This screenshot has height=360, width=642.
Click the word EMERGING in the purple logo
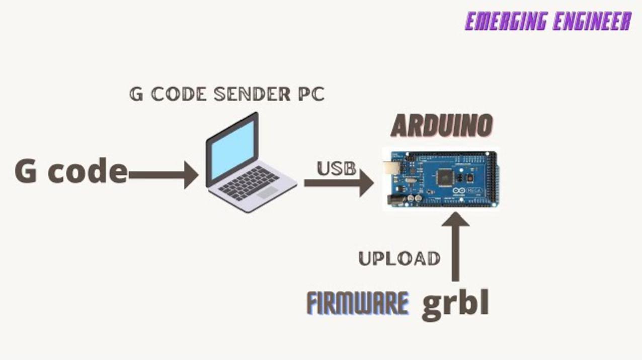tap(506, 21)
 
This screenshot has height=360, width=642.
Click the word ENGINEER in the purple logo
tap(593, 21)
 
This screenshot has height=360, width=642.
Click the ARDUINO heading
tap(442, 126)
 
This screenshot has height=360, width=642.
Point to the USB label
tap(337, 168)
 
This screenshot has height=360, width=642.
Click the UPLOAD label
tap(399, 259)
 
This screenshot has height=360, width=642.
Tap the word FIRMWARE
tap(358, 303)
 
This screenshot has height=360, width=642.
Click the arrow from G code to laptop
tap(164, 175)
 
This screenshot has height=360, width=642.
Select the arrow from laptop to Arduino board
tap(339, 183)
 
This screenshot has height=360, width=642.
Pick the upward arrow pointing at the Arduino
tap(455, 247)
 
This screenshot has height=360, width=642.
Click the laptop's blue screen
tap(233, 150)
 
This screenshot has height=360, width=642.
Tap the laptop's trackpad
tap(267, 192)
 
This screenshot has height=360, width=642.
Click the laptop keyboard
tap(249, 182)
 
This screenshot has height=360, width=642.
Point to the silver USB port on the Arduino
tap(391, 168)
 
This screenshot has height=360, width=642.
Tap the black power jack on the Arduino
tap(395, 200)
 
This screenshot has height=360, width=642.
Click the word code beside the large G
tap(88, 171)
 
